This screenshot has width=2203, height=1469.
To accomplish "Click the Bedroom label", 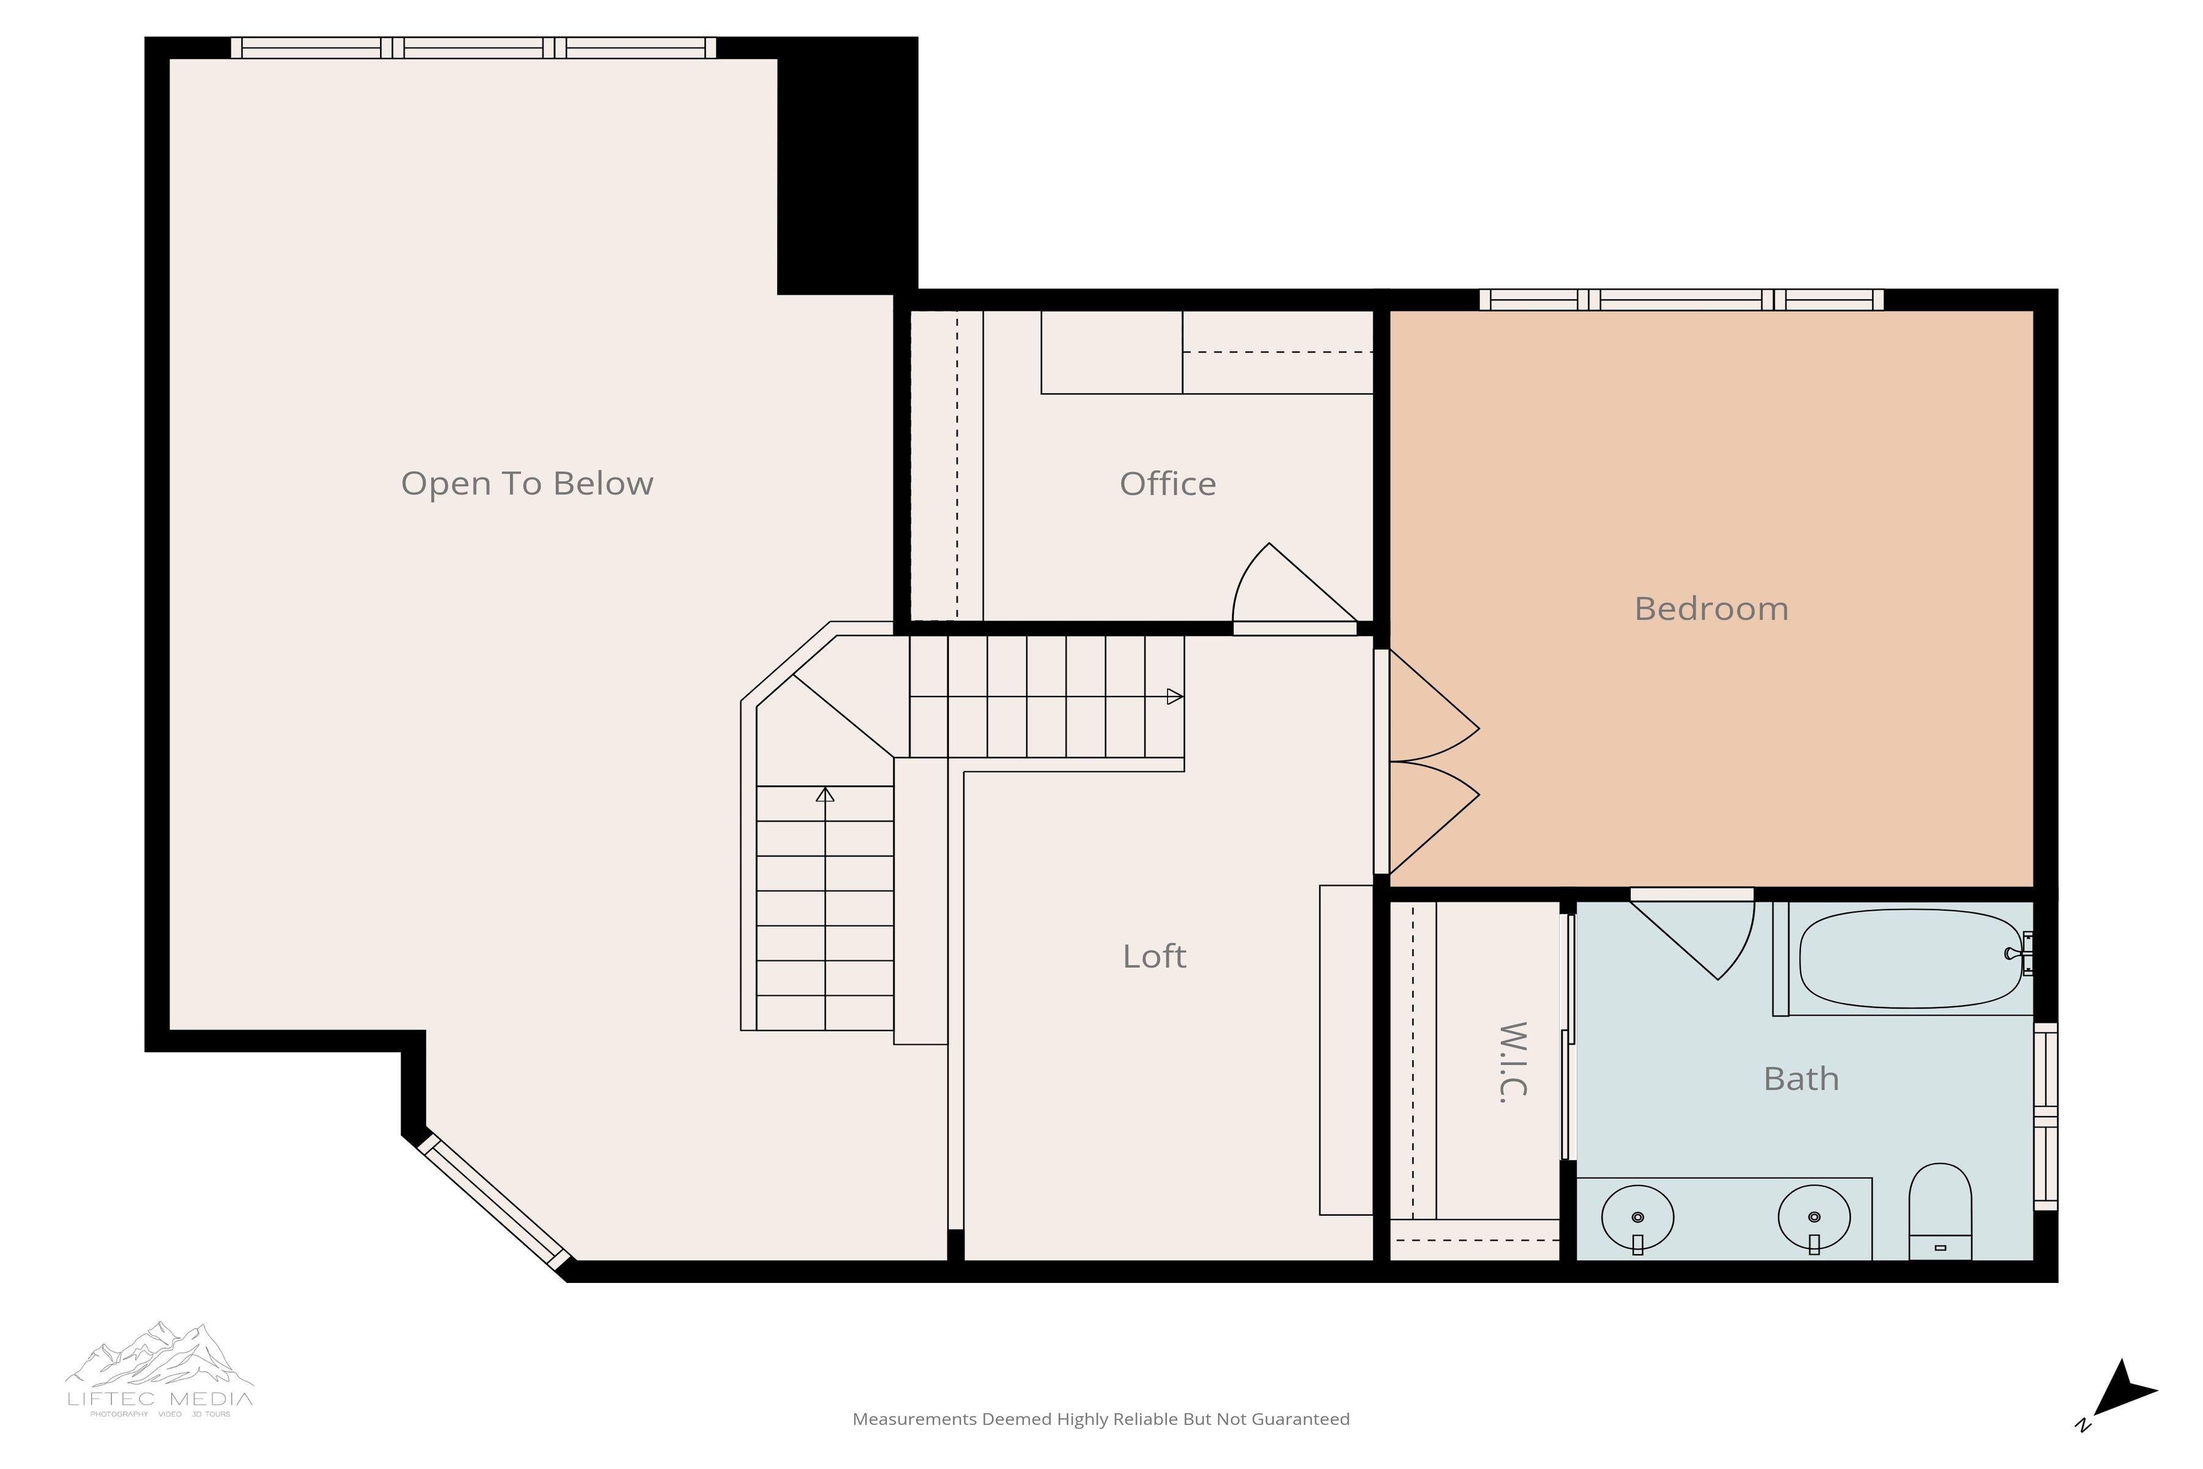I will click(1710, 609).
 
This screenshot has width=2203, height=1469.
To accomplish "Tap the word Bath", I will click(1800, 1079).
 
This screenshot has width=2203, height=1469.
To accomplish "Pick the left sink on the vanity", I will click(1638, 1218).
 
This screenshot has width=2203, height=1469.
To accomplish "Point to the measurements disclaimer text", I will click(1100, 1419).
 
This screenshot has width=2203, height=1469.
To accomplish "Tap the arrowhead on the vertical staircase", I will click(824, 795).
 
